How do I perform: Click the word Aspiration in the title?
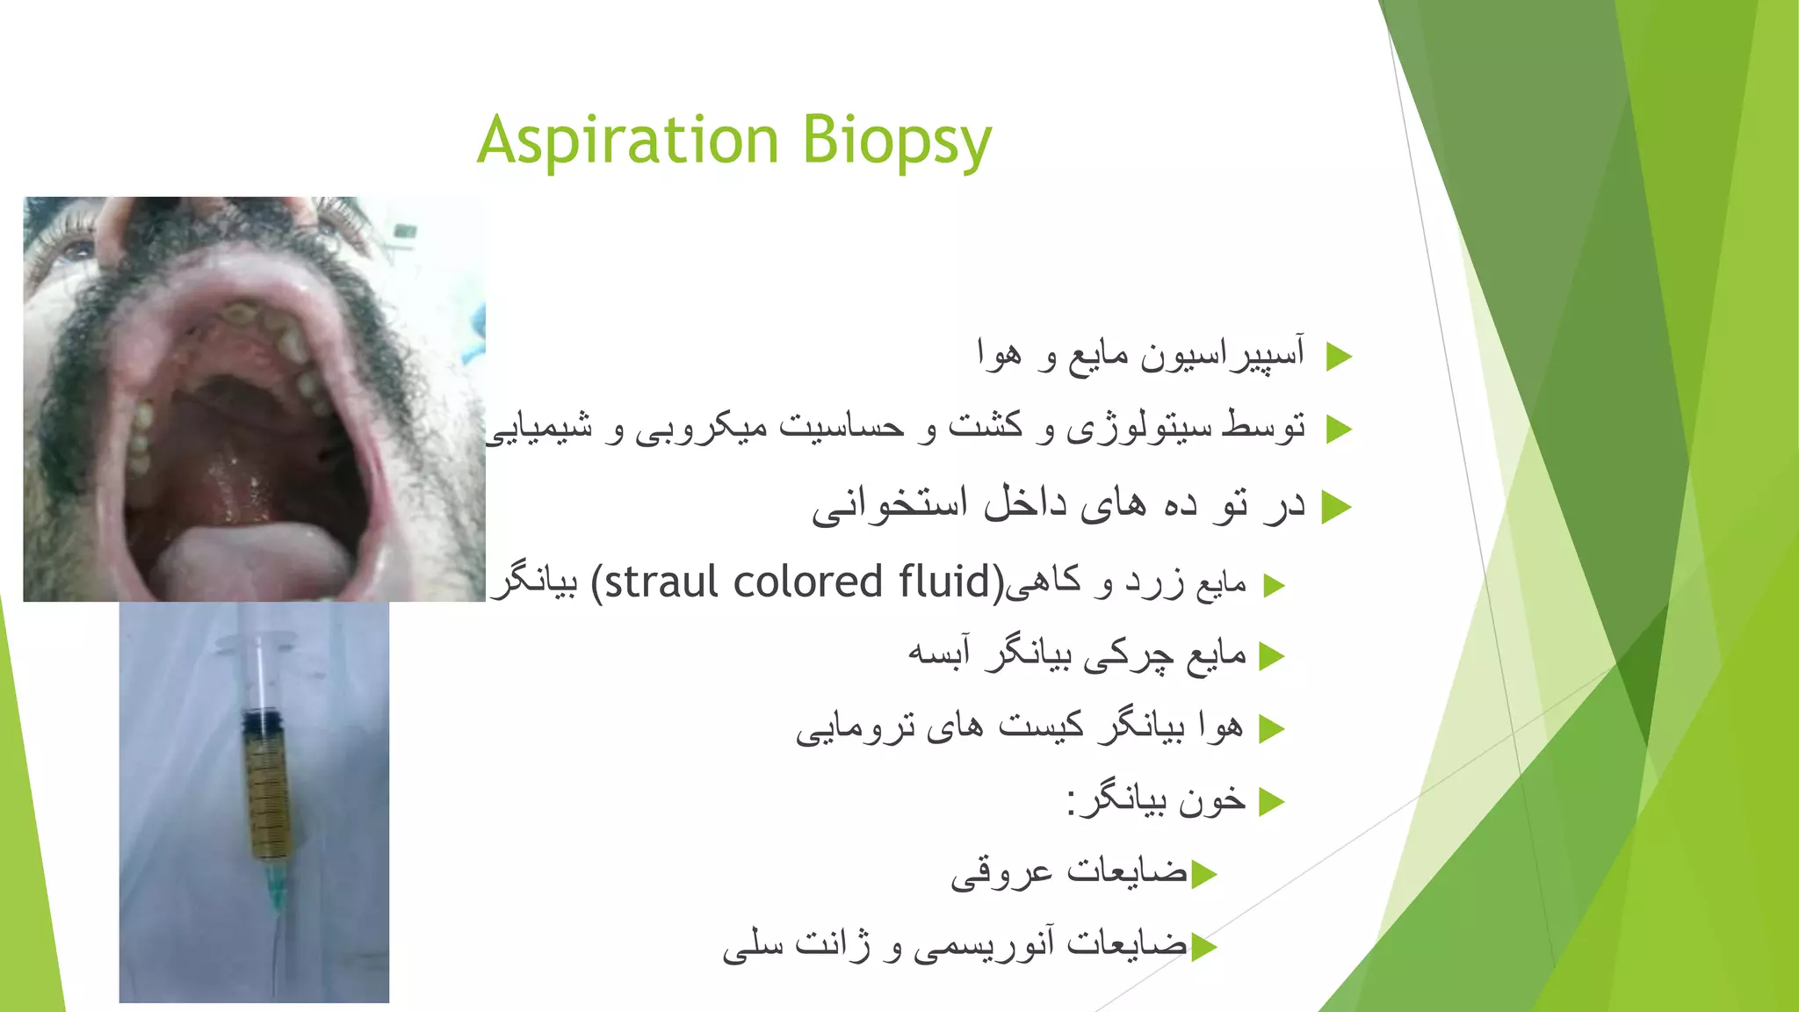point(628,141)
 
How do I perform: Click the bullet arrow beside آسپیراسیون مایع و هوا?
point(1338,357)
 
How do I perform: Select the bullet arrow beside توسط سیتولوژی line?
point(1338,430)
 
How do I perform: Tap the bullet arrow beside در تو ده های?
point(1336,507)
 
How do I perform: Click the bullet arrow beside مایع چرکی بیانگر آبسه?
point(1271,656)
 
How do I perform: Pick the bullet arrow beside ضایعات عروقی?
point(1204,875)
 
